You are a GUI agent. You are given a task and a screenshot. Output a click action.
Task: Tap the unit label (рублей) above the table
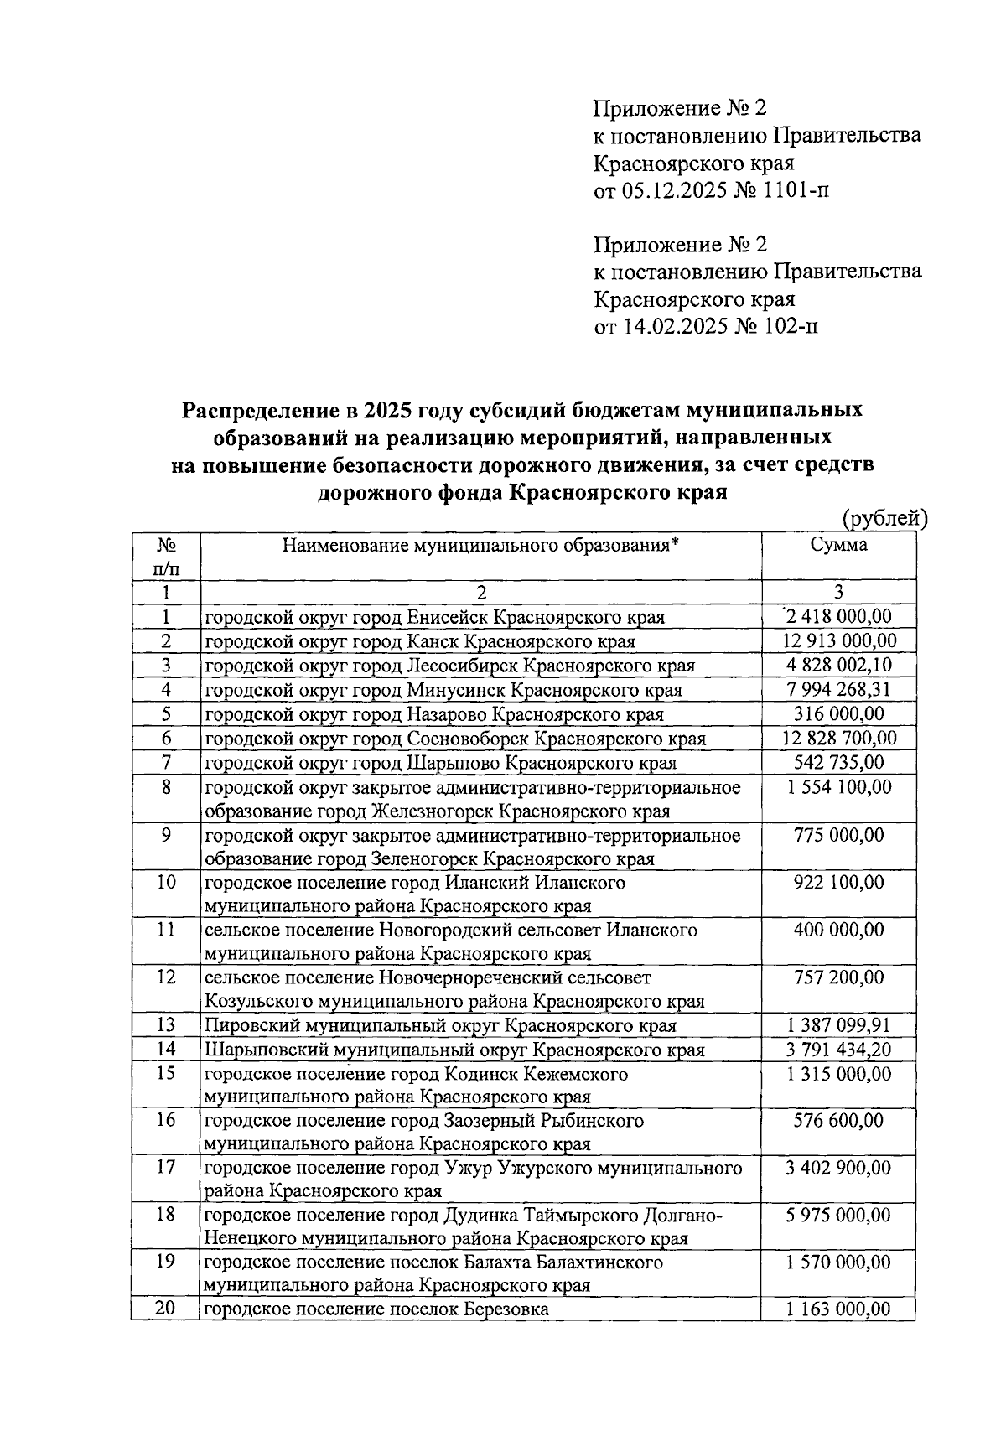[884, 519]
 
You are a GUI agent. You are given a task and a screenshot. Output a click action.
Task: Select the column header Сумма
[838, 546]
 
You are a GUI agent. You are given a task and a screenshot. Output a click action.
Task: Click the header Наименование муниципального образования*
[480, 546]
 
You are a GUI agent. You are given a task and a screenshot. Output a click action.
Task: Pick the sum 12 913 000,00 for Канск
[838, 641]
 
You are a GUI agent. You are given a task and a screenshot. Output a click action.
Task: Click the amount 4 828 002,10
[838, 666]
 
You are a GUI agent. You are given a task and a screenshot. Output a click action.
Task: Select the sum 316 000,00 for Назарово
[838, 714]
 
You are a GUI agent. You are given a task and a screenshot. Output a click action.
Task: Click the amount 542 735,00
[838, 763]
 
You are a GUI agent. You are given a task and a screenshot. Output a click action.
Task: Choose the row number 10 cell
[165, 883]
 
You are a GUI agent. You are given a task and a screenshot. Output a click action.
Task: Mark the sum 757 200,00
[838, 977]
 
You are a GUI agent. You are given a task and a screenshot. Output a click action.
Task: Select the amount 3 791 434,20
[838, 1050]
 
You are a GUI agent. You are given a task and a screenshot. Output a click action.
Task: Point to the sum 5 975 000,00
[838, 1216]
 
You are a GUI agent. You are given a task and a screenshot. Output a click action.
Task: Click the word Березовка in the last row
[503, 1309]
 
